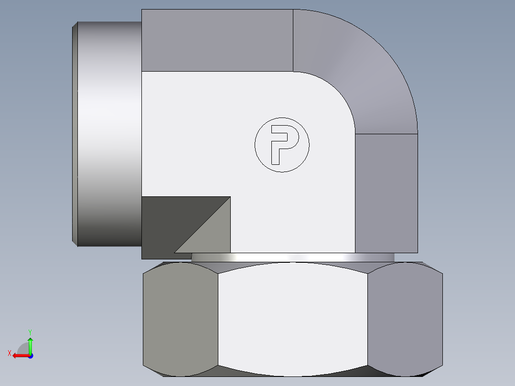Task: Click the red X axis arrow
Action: pyautogui.click(x=19, y=355)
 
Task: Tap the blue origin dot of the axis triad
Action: pyautogui.click(x=30, y=355)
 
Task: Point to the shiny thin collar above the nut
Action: pyautogui.click(x=292, y=257)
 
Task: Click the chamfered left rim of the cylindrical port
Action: pyautogui.click(x=75, y=134)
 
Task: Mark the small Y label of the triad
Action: pyautogui.click(x=30, y=331)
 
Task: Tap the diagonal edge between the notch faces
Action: pyautogui.click(x=202, y=225)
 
